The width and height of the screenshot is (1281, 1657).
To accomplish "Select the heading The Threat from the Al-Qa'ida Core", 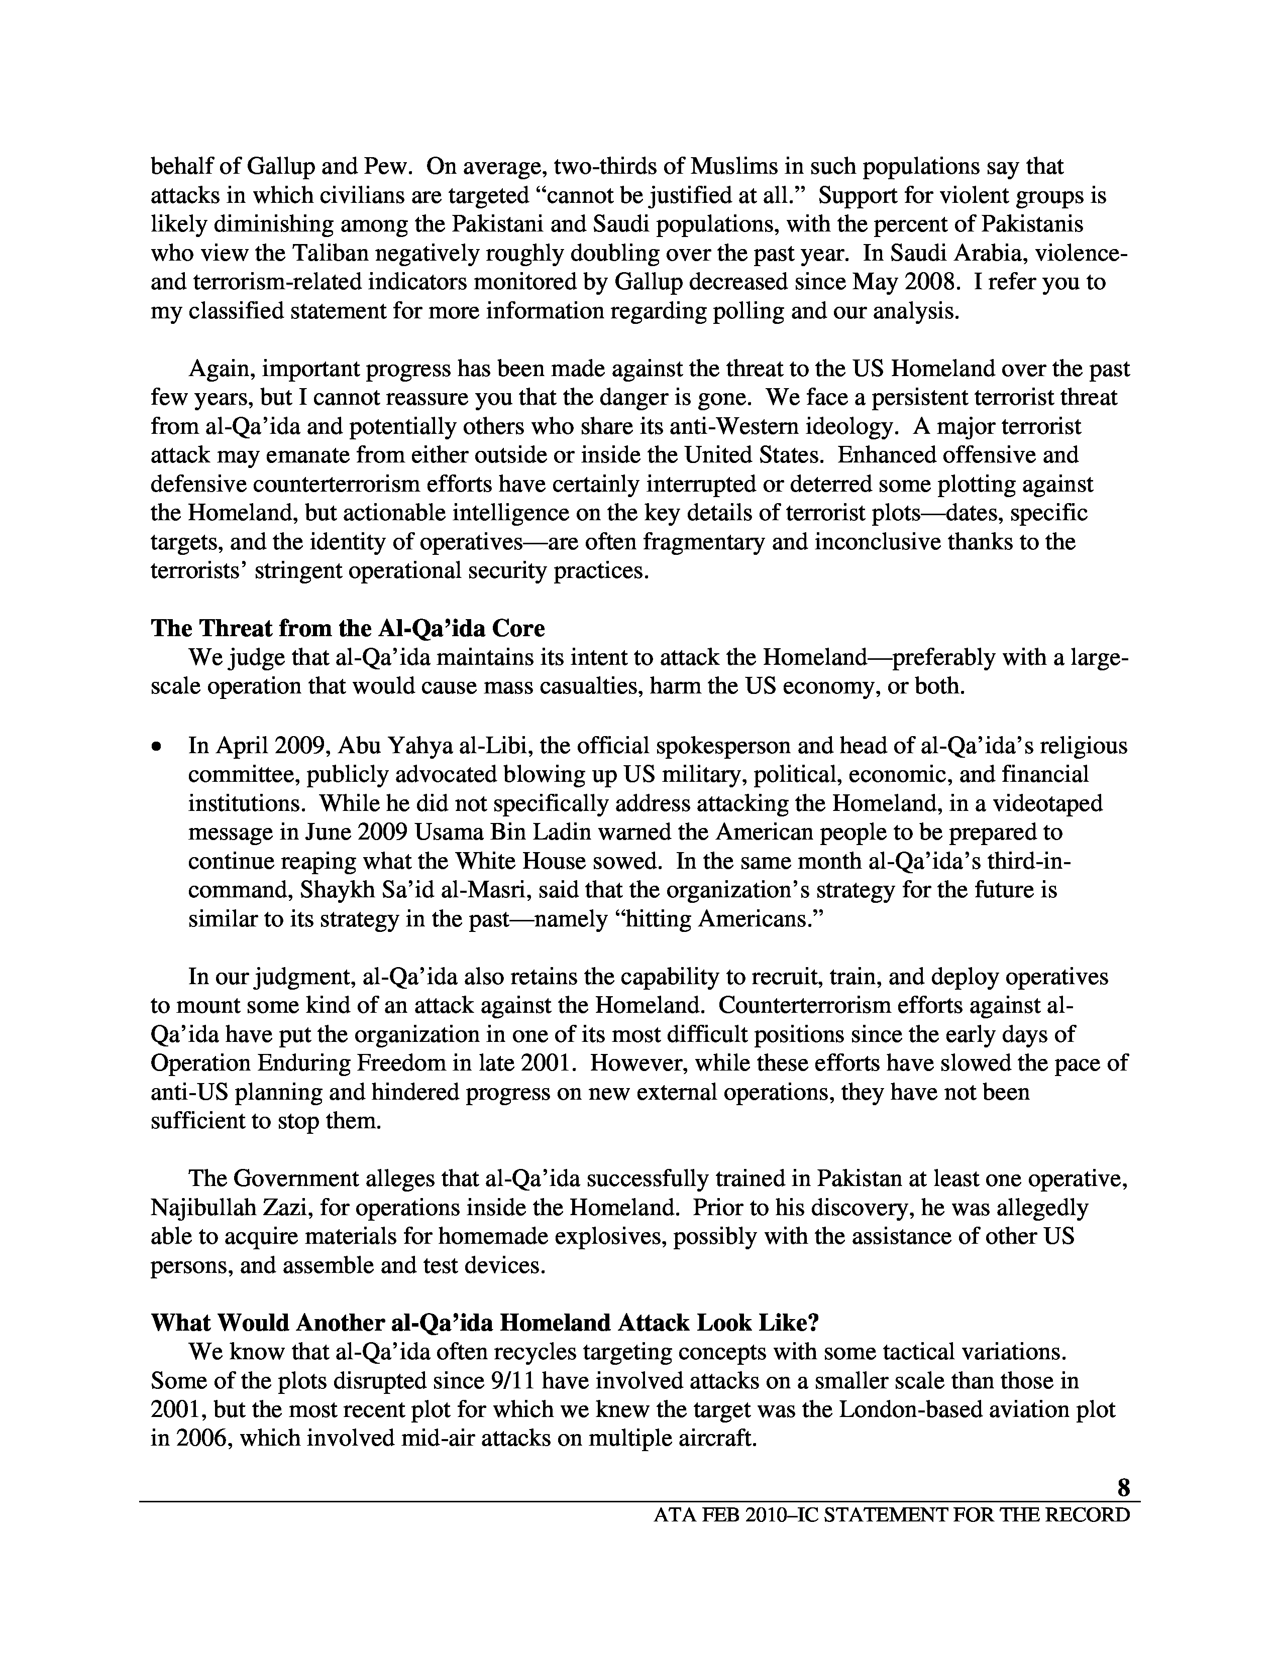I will pyautogui.click(x=348, y=629).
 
